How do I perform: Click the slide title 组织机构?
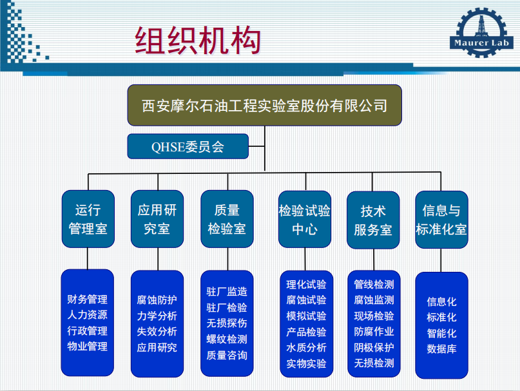click(198, 41)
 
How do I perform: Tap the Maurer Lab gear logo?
click(481, 32)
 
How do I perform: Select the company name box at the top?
click(265, 105)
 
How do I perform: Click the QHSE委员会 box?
click(188, 146)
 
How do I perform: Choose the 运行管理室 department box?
click(88, 219)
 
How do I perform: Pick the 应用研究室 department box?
click(157, 219)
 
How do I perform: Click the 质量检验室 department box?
click(227, 219)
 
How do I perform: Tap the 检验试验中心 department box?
click(305, 219)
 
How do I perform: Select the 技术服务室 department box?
click(373, 220)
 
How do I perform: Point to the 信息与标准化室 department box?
click(441, 220)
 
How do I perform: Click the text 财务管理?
click(88, 299)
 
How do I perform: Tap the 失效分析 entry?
click(157, 331)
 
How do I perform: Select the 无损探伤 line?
click(227, 323)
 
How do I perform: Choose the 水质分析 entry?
click(306, 348)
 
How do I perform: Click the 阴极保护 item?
click(374, 347)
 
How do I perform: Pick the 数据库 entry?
click(442, 349)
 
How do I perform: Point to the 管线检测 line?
click(374, 284)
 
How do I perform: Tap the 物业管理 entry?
click(88, 346)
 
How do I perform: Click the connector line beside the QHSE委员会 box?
click(256, 146)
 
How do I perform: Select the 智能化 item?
click(442, 333)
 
